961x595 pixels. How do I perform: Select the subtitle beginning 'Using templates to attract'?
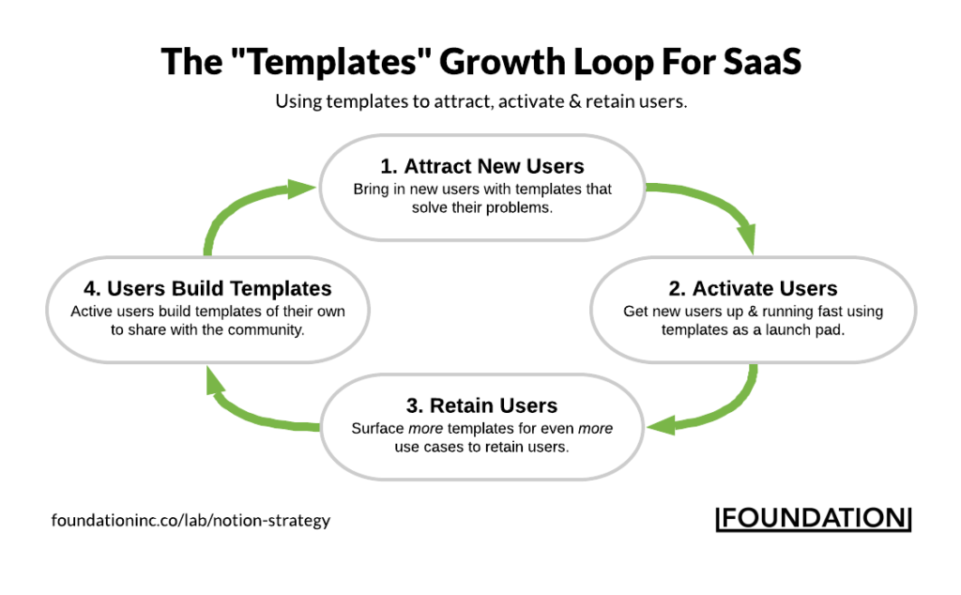click(x=480, y=101)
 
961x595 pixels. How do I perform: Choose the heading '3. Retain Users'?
click(x=481, y=405)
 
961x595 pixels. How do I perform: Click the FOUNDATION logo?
click(x=813, y=519)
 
